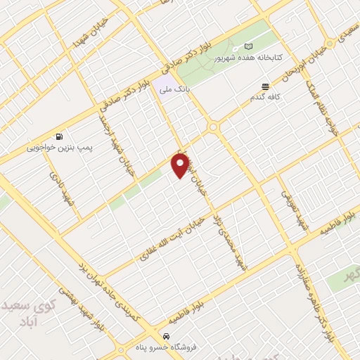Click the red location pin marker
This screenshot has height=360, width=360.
[180, 166]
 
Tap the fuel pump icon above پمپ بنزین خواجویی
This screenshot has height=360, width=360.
[58, 136]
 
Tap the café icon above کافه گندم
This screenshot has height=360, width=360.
[265, 86]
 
